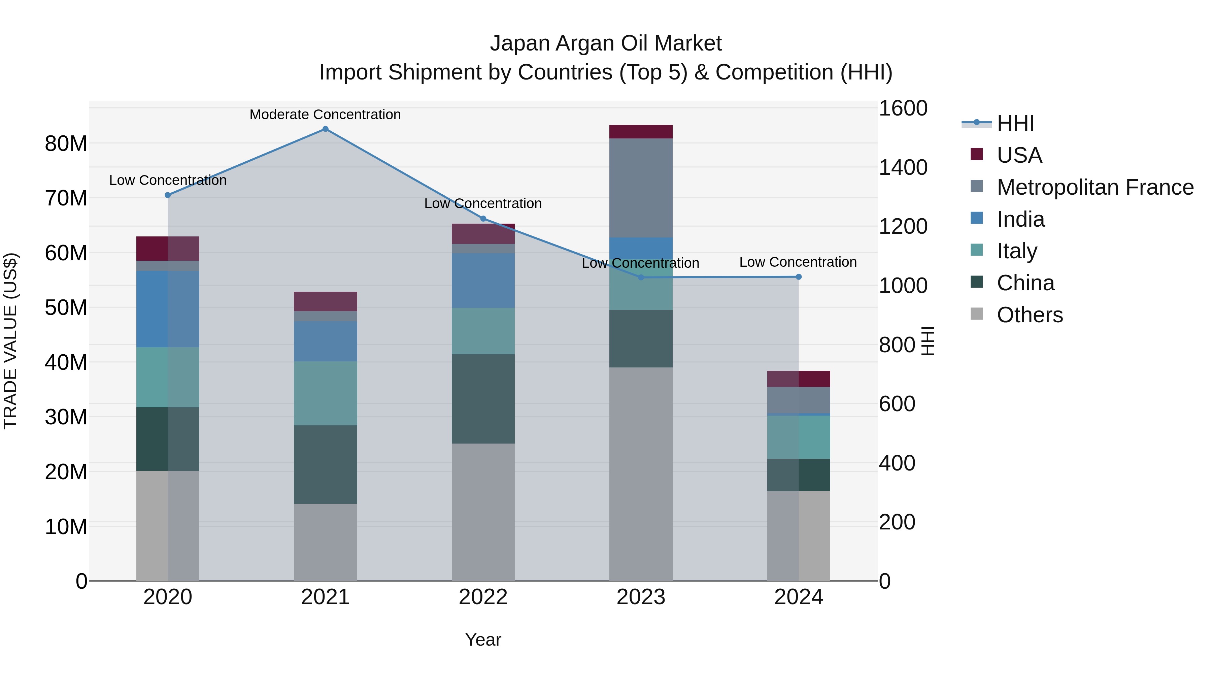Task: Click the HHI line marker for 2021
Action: point(325,129)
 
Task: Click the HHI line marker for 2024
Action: point(799,277)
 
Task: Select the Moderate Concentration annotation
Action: point(325,115)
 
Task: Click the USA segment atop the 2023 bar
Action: point(641,132)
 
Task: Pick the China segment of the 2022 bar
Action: point(483,399)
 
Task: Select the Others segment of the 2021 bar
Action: point(325,542)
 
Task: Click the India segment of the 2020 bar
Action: point(168,309)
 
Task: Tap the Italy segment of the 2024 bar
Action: point(799,437)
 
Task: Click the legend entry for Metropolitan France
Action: point(1095,187)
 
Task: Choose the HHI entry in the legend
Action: point(1015,123)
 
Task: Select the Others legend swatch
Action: point(976,314)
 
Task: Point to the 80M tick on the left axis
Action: point(66,143)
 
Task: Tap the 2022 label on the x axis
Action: point(483,597)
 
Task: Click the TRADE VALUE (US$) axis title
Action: point(11,341)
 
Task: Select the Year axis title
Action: point(483,640)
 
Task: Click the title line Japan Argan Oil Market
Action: point(606,43)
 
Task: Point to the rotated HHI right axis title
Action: point(928,341)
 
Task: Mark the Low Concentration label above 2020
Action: point(168,180)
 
